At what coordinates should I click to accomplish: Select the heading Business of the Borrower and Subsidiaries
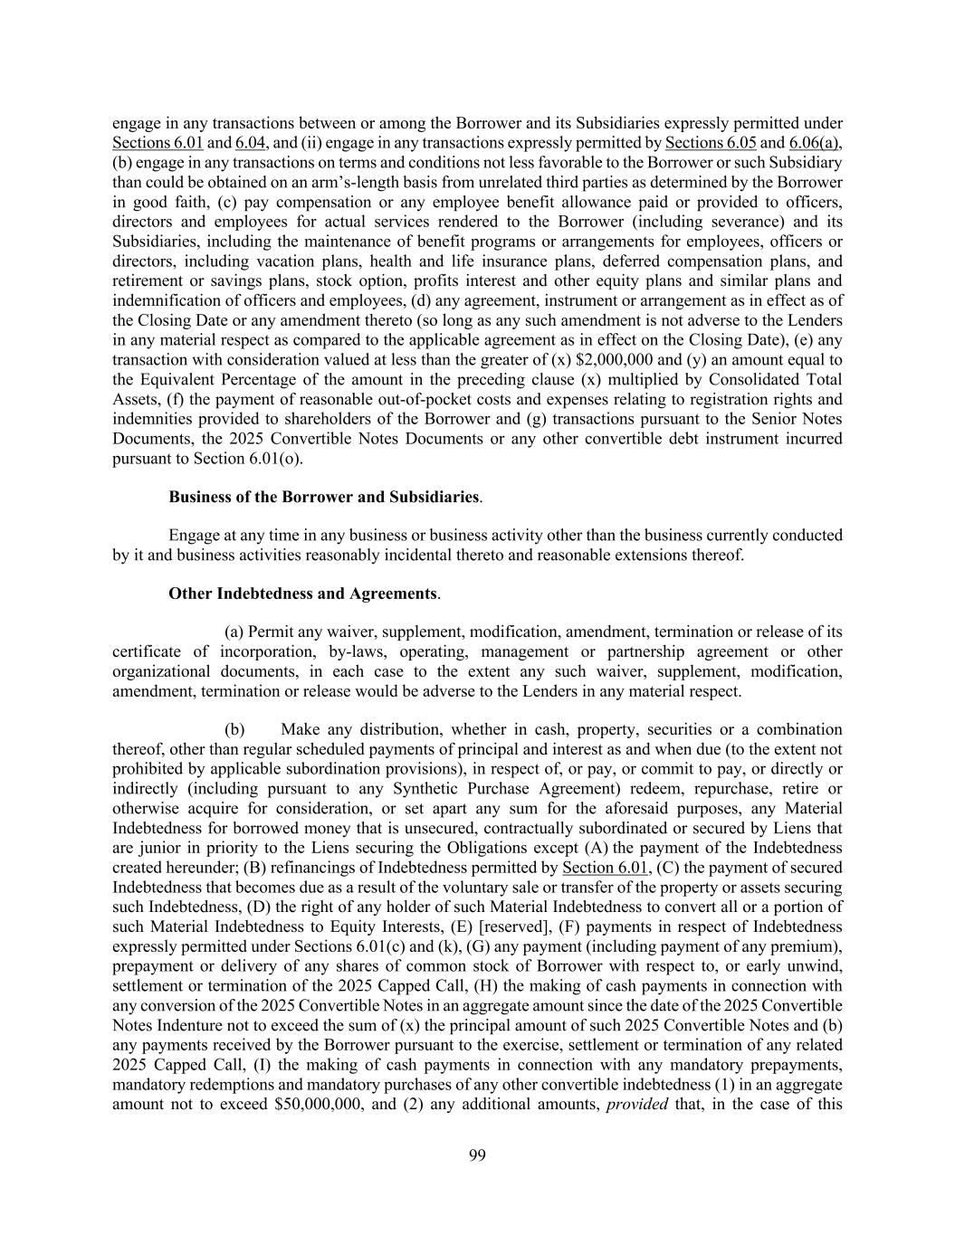324,497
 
